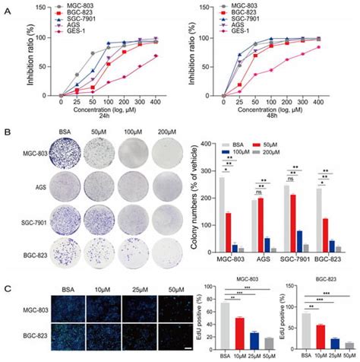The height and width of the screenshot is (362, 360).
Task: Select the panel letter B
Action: [7, 132]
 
